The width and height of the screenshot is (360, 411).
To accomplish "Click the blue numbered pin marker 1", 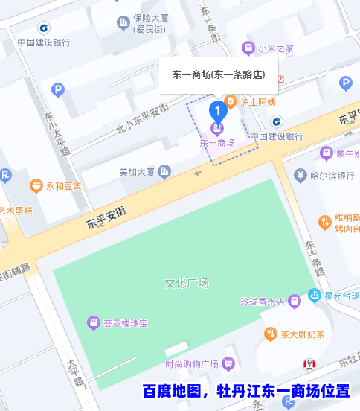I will coord(217,112).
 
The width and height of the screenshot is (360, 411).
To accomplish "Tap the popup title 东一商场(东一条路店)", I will coord(219,75).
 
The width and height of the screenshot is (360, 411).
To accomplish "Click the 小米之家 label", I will coord(276,48).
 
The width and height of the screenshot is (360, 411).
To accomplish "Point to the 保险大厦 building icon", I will coord(123,23).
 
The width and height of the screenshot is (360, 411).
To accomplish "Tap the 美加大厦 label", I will coord(136,172).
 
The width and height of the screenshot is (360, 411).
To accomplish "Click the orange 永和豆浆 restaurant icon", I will coord(36,185).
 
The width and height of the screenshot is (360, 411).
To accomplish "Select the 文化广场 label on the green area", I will coord(186,283).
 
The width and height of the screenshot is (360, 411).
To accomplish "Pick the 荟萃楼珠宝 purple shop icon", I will coord(93,323).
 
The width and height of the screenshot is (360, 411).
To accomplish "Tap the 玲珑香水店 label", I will coord(263,302).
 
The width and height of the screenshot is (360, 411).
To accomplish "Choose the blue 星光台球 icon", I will coord(315,296).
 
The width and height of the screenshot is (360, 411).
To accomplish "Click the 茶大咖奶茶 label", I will coord(302,334).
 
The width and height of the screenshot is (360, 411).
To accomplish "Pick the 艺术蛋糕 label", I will coord(16,210).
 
